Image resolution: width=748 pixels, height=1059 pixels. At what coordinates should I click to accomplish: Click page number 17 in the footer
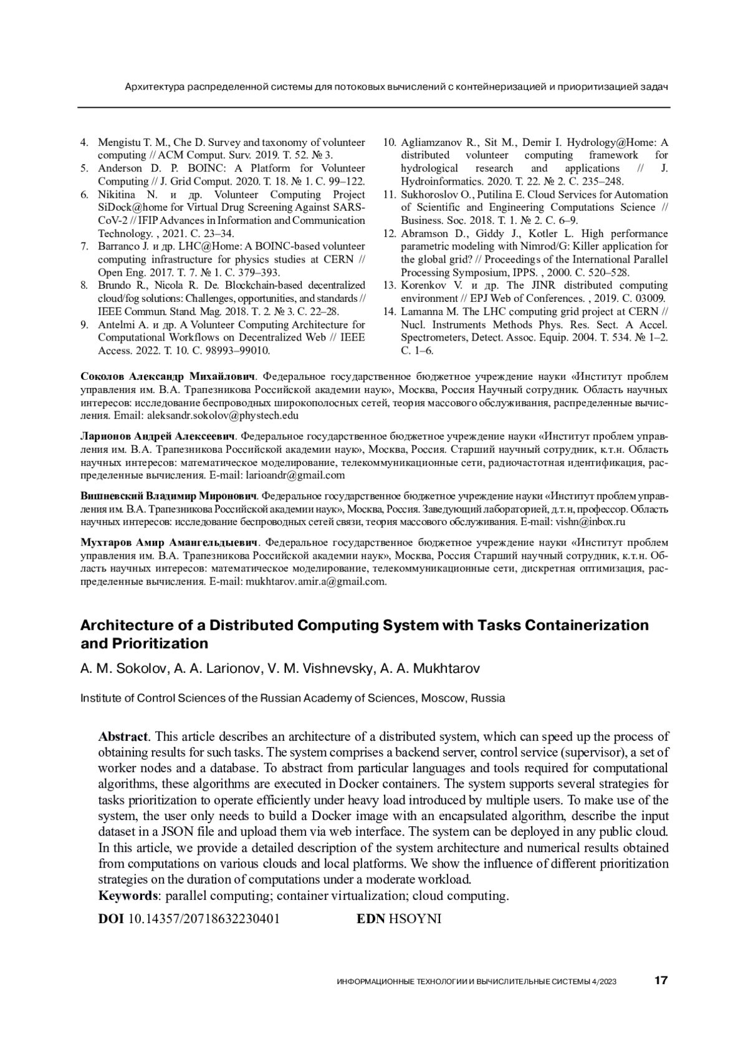(x=661, y=980)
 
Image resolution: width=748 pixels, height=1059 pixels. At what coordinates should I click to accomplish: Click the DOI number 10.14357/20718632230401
(x=203, y=919)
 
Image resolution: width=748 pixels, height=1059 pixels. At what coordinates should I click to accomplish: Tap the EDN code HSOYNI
(x=415, y=919)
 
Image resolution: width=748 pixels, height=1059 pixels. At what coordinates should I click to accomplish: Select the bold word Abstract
(x=123, y=737)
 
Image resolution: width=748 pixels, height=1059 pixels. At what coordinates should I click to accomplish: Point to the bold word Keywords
(x=128, y=896)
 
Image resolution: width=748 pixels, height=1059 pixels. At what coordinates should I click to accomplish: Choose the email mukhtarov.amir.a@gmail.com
(x=316, y=582)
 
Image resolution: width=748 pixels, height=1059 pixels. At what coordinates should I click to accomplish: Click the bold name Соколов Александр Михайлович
(x=169, y=376)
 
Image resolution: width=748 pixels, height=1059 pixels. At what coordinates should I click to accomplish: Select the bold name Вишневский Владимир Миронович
(x=169, y=496)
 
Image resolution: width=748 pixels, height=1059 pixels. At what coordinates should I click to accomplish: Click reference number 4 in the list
(x=84, y=142)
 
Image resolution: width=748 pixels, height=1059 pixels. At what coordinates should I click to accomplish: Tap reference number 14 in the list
(x=390, y=311)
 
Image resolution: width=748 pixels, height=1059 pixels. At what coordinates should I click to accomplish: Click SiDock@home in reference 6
(x=128, y=207)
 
